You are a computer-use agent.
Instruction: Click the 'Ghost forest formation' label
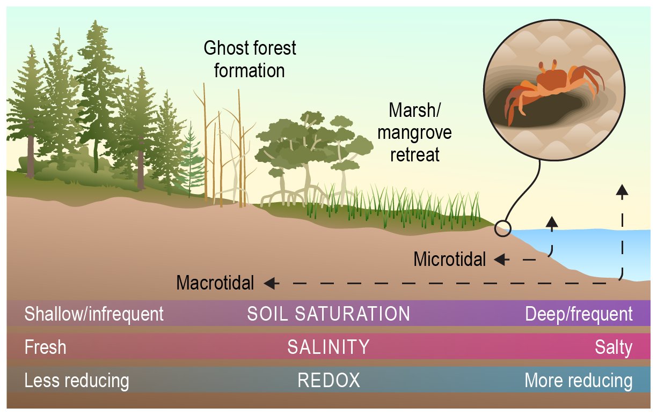(x=250, y=60)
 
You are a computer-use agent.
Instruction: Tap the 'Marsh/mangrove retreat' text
(x=414, y=132)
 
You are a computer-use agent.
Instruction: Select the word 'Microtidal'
(x=450, y=260)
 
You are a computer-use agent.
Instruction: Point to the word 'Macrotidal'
(x=215, y=283)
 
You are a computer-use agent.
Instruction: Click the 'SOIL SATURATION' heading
(x=328, y=314)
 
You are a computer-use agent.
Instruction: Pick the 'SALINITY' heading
(x=328, y=347)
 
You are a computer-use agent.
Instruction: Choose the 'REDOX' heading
(x=328, y=381)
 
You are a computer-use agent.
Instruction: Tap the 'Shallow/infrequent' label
(x=94, y=314)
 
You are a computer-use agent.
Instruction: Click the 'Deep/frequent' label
(x=579, y=314)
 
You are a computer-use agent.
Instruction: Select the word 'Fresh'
(x=46, y=347)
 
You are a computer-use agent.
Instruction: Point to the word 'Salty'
(x=614, y=348)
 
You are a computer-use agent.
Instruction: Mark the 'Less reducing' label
(x=77, y=381)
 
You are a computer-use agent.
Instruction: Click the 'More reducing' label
(x=579, y=381)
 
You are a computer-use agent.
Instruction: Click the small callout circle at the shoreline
(x=503, y=228)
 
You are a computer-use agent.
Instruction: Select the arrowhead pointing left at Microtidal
(x=501, y=260)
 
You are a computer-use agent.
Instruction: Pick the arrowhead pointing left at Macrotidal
(x=271, y=284)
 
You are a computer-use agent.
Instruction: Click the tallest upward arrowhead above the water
(x=622, y=190)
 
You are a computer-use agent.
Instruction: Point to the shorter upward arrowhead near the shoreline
(x=552, y=222)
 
